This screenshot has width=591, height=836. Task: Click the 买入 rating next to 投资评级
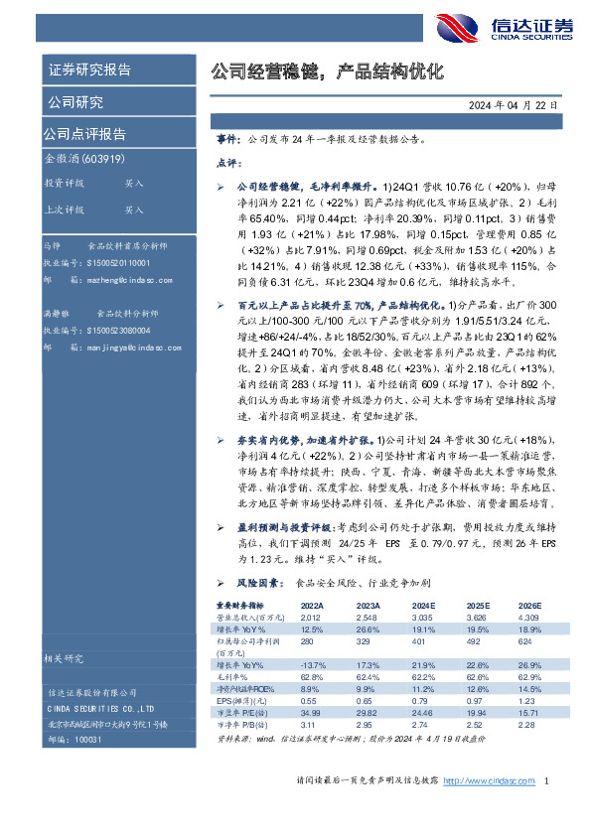point(134,184)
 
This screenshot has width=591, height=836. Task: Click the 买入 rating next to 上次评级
point(134,209)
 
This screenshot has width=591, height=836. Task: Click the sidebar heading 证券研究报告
point(89,70)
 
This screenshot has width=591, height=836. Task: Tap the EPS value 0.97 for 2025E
point(477,702)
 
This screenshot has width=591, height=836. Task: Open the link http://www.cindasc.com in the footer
point(484,810)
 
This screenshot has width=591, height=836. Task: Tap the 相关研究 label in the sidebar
point(66,657)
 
